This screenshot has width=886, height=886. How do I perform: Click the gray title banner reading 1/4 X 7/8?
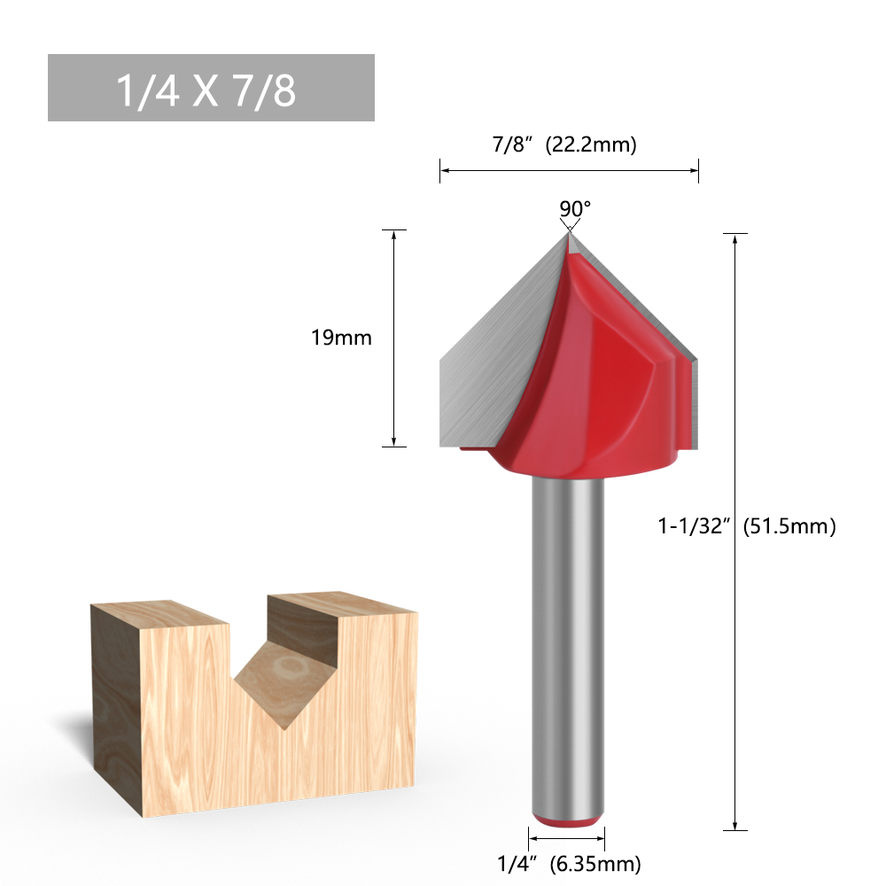(x=211, y=88)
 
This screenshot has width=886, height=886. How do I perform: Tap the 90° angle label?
(x=574, y=208)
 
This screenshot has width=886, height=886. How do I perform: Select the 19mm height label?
(x=341, y=338)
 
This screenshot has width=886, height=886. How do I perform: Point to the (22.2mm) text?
(x=591, y=144)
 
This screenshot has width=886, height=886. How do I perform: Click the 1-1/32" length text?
(x=693, y=526)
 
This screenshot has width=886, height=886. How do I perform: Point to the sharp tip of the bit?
(x=567, y=233)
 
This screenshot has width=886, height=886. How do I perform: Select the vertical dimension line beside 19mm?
(x=393, y=338)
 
